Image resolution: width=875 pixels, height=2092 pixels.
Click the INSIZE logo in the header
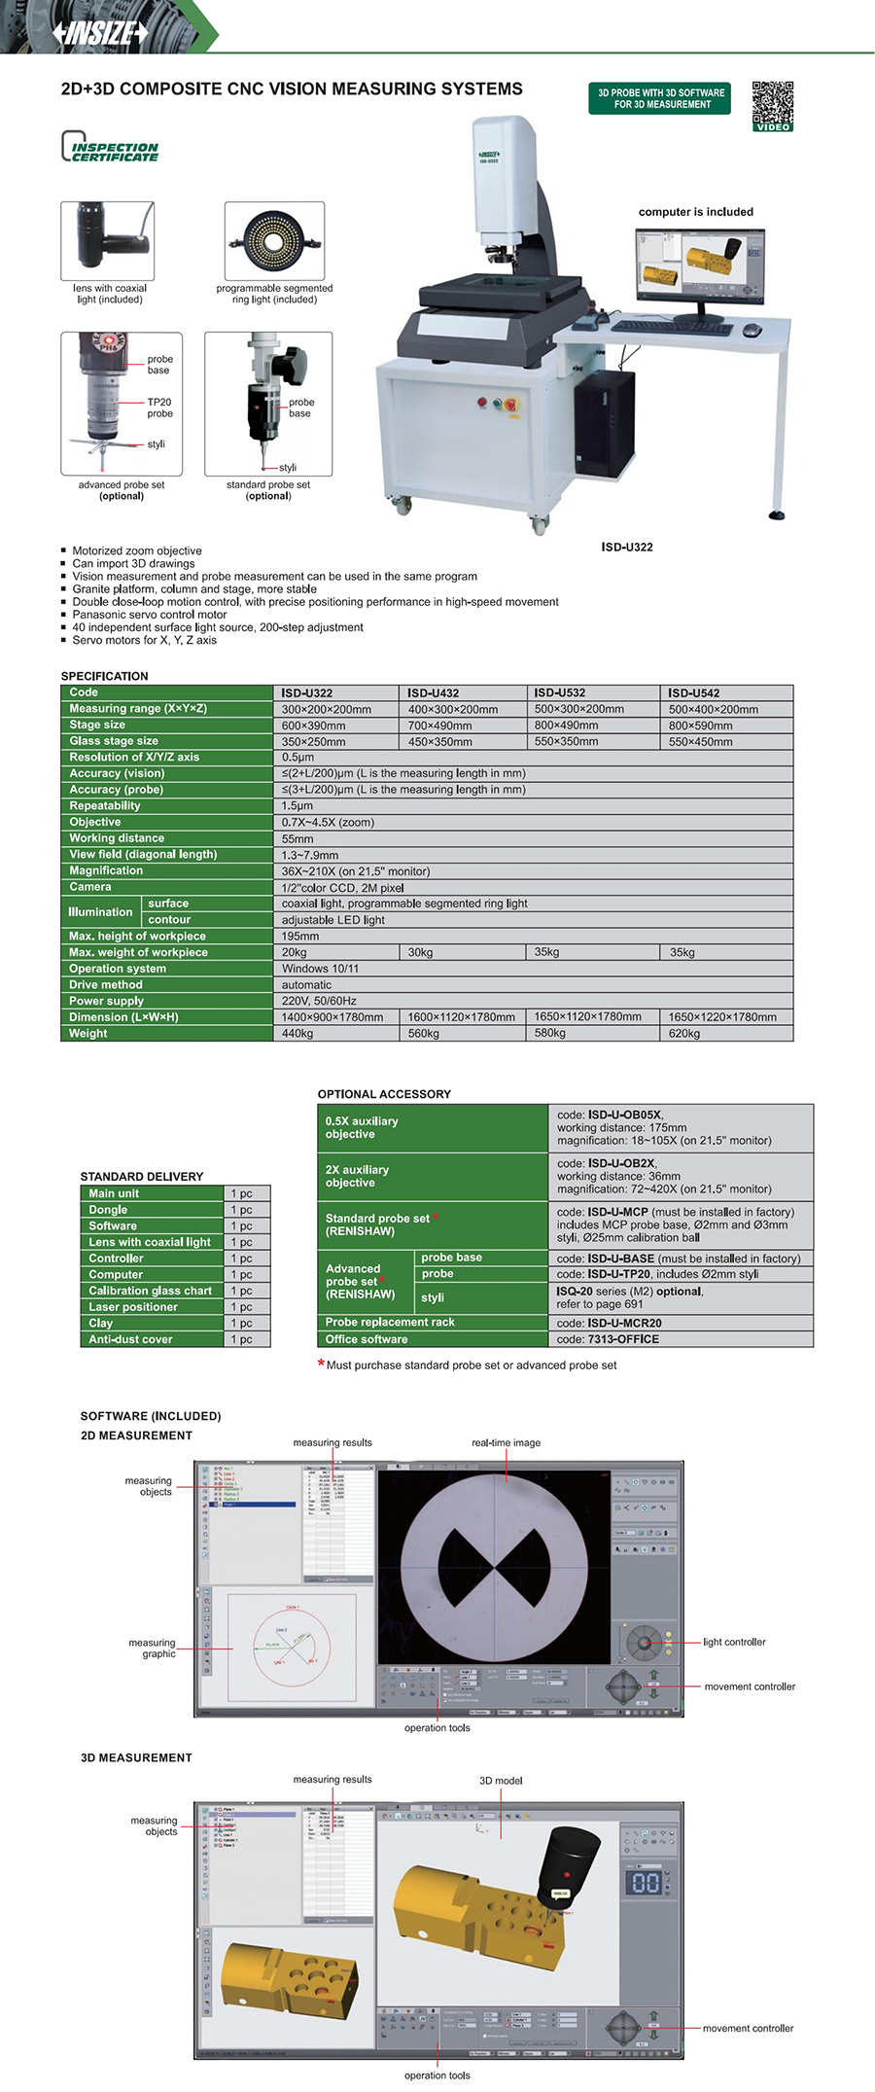click(x=100, y=32)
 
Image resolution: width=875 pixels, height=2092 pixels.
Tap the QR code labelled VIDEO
click(x=772, y=105)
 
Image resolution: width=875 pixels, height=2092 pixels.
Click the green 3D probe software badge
click(x=659, y=98)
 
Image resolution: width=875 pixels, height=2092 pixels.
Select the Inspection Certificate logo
click(x=109, y=148)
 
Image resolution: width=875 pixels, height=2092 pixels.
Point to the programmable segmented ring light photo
click(x=274, y=240)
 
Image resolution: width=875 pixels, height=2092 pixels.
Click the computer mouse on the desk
click(x=752, y=330)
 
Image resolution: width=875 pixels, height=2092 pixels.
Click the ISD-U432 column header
click(x=433, y=692)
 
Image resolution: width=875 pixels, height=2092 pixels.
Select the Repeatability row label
click(x=105, y=805)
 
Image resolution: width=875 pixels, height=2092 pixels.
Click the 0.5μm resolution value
click(x=297, y=757)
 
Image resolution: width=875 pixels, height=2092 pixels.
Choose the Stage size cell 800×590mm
click(x=700, y=725)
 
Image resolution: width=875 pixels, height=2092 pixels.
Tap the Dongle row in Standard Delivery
click(x=108, y=1209)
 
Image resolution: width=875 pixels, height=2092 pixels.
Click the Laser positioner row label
click(x=133, y=1306)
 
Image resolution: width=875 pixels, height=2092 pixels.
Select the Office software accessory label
click(x=367, y=1338)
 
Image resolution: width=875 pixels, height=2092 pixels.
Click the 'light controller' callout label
click(x=734, y=1642)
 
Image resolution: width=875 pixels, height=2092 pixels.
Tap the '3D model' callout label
click(x=501, y=1780)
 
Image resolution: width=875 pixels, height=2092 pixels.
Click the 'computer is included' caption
click(x=695, y=211)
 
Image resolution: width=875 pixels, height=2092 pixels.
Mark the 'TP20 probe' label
click(x=159, y=408)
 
